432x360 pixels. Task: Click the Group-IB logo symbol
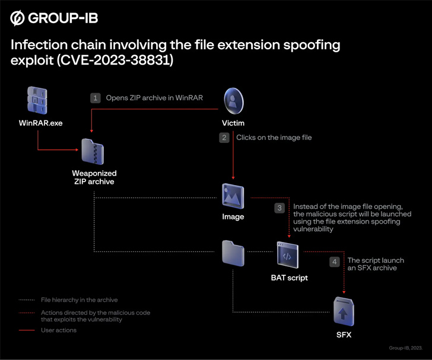point(18,18)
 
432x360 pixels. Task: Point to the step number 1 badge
point(96,98)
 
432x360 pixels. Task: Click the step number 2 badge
point(224,138)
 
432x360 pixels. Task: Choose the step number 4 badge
point(335,261)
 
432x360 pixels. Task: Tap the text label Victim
point(233,123)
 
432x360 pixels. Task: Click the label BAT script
point(289,277)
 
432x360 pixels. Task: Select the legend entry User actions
point(58,330)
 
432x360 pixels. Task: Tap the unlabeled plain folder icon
point(233,253)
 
